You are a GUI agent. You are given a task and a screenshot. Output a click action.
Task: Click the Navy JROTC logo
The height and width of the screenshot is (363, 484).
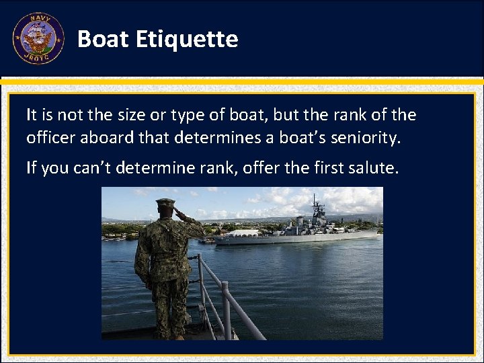38,39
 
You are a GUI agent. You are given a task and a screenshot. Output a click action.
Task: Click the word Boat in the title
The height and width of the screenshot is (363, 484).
103,39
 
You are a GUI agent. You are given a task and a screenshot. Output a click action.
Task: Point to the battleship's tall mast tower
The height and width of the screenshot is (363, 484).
316,208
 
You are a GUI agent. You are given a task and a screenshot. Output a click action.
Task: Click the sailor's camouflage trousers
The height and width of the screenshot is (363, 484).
165,302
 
